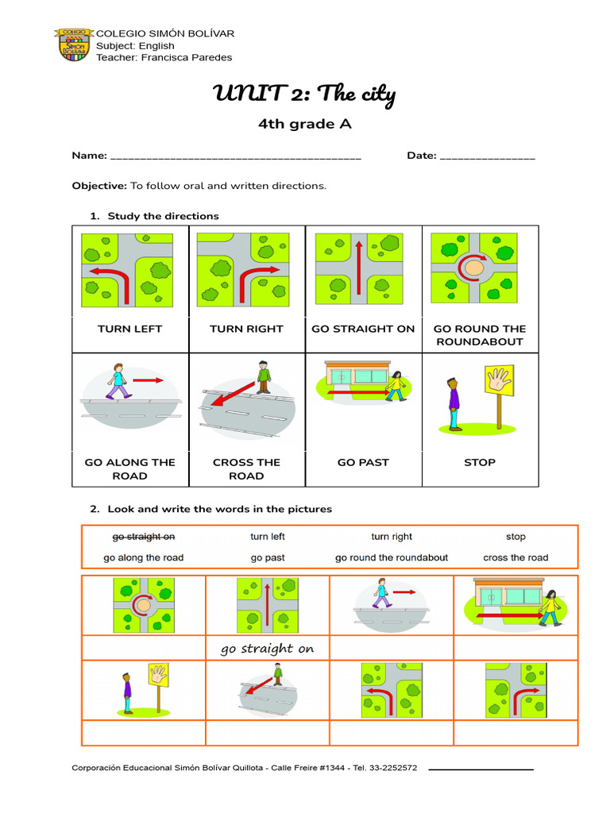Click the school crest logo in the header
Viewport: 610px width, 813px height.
(74, 44)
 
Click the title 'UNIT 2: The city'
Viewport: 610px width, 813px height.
(304, 95)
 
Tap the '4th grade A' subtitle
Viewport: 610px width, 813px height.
(304, 124)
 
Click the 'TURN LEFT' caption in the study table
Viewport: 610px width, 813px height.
(130, 329)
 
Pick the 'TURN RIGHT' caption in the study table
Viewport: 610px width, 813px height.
(246, 329)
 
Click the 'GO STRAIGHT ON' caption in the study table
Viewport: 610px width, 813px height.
(363, 329)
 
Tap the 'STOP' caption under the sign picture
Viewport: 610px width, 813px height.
(480, 462)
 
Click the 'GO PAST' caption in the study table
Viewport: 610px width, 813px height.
(363, 462)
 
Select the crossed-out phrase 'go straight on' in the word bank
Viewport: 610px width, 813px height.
(144, 537)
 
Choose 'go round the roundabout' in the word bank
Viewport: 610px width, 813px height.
(392, 557)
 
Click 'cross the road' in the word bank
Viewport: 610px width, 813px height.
(515, 557)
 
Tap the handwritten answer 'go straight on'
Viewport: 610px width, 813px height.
(267, 649)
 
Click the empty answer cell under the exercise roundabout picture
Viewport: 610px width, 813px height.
(144, 648)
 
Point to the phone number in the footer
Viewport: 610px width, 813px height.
(384, 768)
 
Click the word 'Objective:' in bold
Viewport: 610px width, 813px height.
(99, 186)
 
